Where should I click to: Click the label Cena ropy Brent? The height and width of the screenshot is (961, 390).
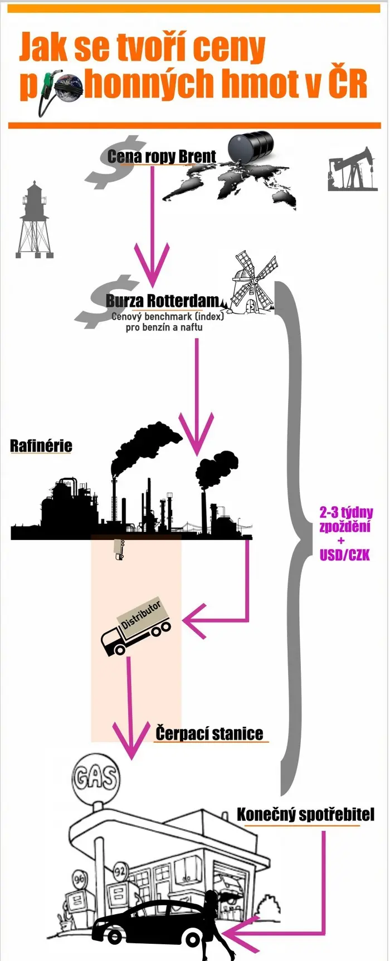[x=162, y=156]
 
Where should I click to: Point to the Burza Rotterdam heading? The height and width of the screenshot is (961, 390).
[x=163, y=301]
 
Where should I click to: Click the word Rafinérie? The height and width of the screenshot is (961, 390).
[x=41, y=445]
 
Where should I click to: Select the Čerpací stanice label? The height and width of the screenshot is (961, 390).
[x=209, y=733]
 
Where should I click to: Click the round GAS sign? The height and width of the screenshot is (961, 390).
[x=95, y=777]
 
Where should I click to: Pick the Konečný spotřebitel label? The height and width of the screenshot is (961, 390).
[x=305, y=815]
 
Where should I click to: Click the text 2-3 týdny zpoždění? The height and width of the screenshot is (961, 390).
[x=346, y=519]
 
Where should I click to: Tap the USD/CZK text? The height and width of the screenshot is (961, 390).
[x=345, y=555]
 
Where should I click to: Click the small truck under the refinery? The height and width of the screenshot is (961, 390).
[x=118, y=549]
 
